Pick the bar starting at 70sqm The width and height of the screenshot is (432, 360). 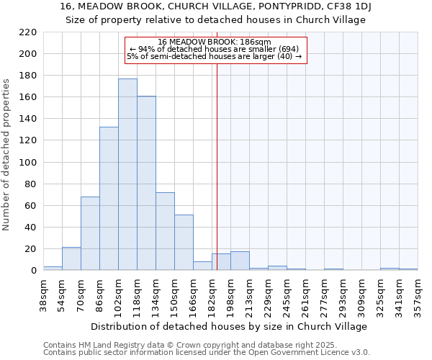tap(90, 233)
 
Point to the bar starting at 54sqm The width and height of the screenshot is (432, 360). tap(71, 258)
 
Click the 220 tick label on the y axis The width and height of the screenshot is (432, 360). tap(28, 32)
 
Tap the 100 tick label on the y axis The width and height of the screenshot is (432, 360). tap(28, 163)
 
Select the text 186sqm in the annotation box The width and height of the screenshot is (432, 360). tap(257, 42)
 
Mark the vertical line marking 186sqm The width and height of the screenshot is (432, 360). tap(217, 180)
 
